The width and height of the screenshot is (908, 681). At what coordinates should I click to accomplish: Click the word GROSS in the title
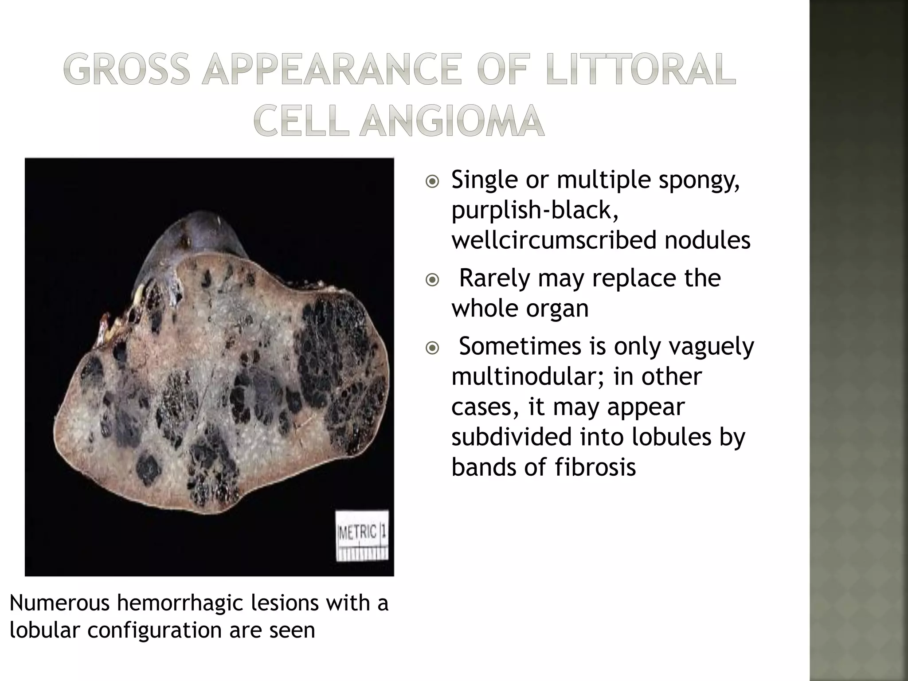point(126,70)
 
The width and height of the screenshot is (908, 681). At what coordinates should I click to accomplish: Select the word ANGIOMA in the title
point(451,121)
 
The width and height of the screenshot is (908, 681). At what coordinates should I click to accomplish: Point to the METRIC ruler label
point(357,532)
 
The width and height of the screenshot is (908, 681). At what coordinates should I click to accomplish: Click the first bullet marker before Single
point(432,182)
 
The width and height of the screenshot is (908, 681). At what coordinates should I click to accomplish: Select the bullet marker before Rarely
point(432,280)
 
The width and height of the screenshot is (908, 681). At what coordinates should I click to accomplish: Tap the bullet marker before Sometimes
point(432,348)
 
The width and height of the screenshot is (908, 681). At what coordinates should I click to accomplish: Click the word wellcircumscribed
point(554,240)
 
